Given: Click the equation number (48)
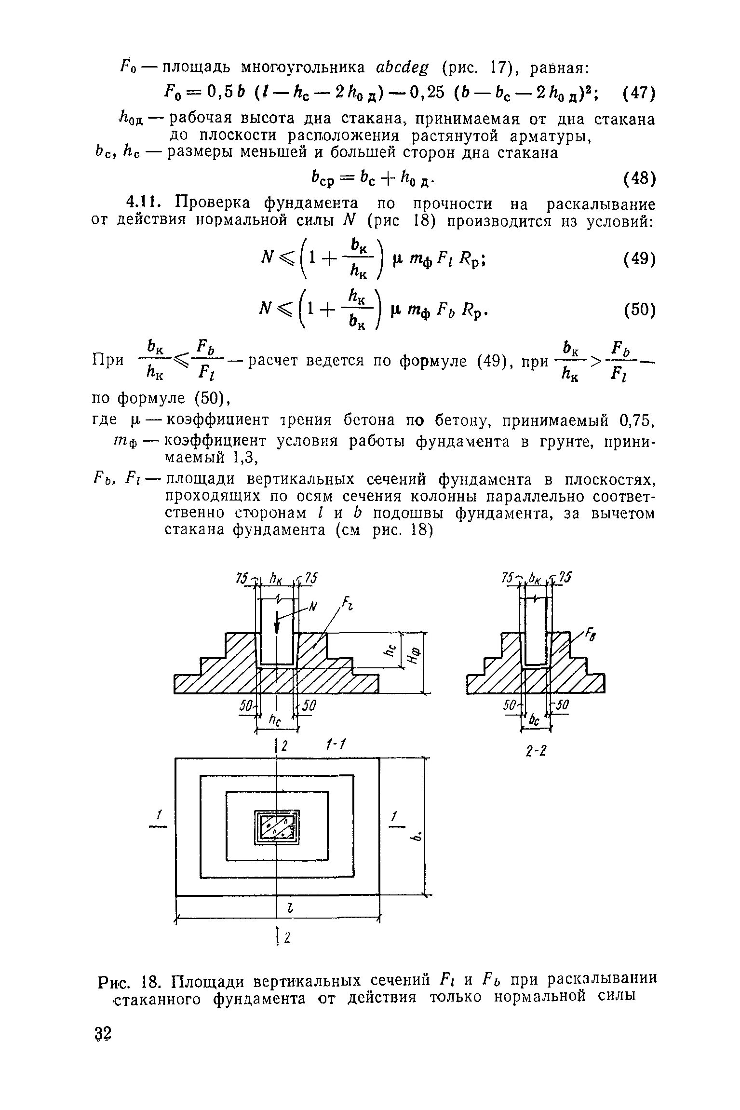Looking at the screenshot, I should click(639, 179).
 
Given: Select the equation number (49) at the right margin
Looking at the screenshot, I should click(639, 260).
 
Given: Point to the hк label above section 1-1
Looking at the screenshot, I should click(276, 578).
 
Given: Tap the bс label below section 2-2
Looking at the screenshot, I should click(535, 720).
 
